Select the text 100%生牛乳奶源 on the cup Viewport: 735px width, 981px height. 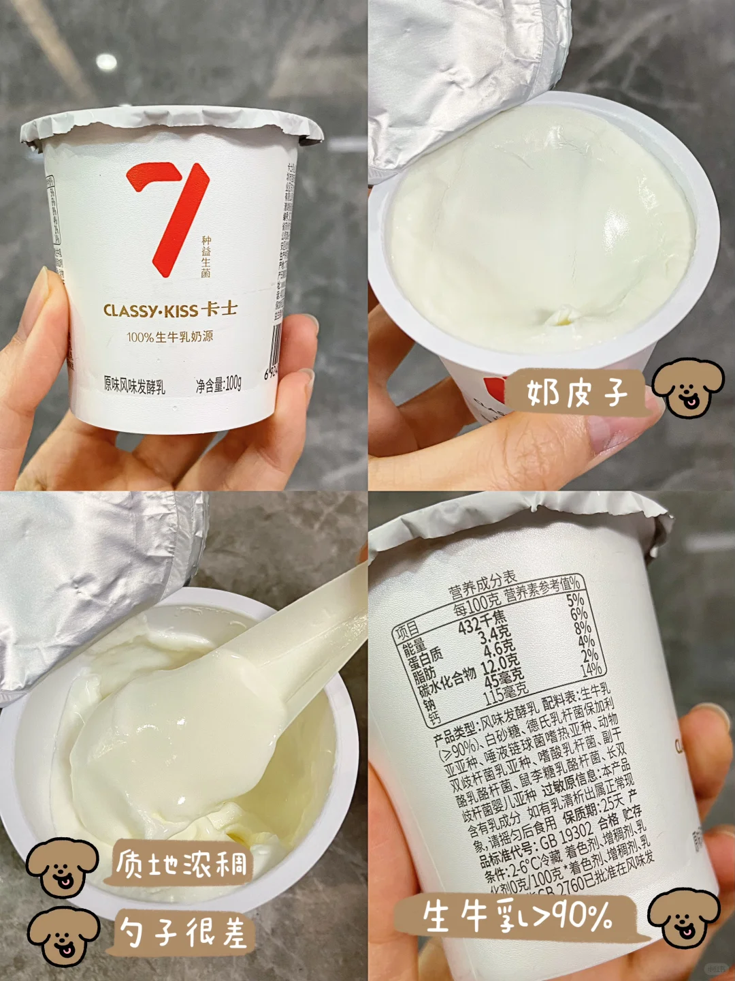[x=169, y=337]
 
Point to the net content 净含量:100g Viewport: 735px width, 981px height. [x=218, y=385]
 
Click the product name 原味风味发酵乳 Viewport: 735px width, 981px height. [x=134, y=385]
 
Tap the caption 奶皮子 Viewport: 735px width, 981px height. [x=576, y=392]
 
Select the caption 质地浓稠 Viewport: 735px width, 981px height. [x=182, y=864]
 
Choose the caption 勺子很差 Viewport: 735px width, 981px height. [x=183, y=931]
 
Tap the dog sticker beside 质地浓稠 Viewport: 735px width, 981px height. [x=62, y=867]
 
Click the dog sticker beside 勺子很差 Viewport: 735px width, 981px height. [x=63, y=937]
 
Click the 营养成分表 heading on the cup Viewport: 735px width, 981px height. [x=482, y=587]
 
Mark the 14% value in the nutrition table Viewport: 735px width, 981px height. [x=591, y=669]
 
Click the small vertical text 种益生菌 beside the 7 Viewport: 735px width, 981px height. [x=206, y=257]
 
